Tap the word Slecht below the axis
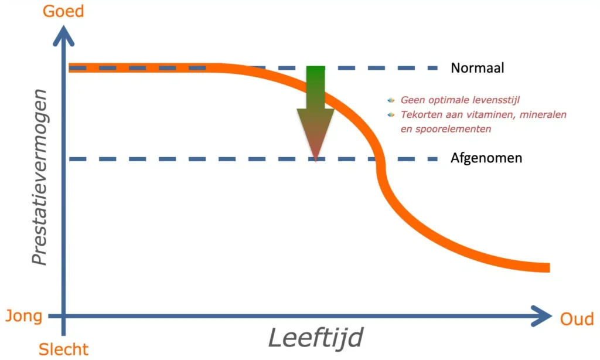click(63, 349)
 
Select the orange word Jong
click(23, 317)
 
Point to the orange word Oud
click(577, 318)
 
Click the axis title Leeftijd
click(315, 338)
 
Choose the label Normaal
click(477, 68)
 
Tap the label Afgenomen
click(486, 158)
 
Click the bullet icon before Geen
click(391, 100)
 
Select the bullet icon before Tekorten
click(391, 114)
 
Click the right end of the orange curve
click(547, 267)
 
